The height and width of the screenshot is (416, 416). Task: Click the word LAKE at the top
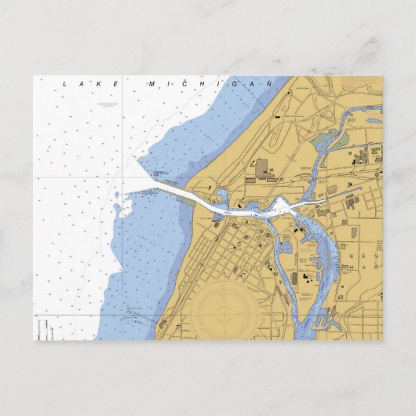pos(93,83)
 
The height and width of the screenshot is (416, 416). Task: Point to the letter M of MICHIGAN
pos(150,82)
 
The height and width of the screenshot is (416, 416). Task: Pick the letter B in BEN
pos(352,256)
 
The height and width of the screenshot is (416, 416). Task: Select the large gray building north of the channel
pos(261,167)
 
